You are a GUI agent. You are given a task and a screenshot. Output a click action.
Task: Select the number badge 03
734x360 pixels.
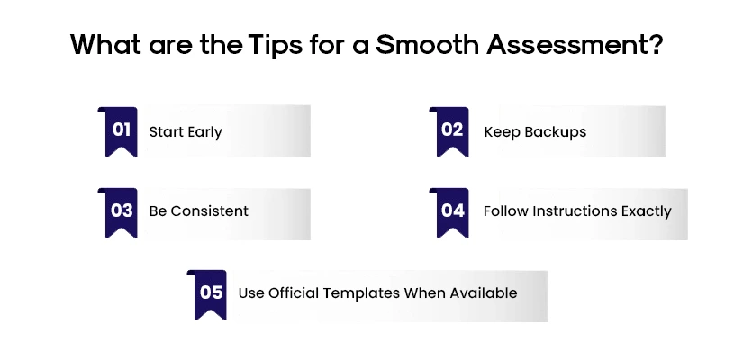coord(121,211)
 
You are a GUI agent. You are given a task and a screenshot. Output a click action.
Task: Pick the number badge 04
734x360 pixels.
coord(451,211)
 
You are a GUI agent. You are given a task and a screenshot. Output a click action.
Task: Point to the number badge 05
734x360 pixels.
coord(211,292)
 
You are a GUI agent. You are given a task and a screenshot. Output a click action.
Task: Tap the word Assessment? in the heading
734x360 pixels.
coord(577,45)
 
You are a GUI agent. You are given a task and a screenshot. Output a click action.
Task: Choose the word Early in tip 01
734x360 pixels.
coord(204,131)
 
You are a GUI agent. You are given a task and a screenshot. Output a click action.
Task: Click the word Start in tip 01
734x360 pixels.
coord(166,131)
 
